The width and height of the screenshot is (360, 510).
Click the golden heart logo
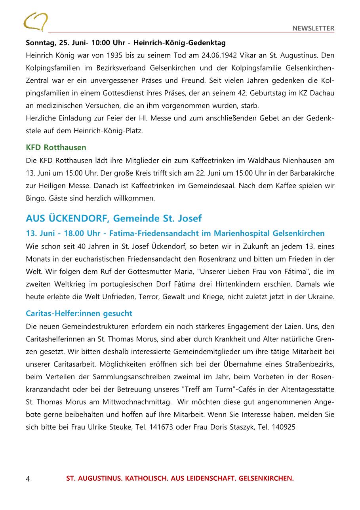pos(35,21)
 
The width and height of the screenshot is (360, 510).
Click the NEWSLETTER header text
pos(313,28)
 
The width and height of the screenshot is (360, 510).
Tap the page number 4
pos(28,479)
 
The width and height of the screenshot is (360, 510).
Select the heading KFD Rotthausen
pos(56,147)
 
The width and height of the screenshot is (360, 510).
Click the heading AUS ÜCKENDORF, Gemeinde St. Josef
pos(114,218)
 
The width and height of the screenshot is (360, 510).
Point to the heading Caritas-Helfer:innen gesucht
pos(79,313)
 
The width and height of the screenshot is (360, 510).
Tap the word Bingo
pos(34,198)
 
